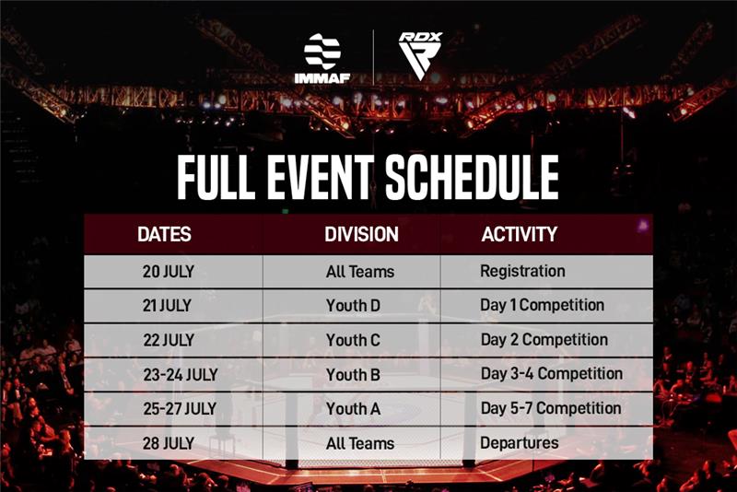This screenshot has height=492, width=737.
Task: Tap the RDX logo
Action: click(420, 56)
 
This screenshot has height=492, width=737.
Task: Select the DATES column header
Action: click(164, 234)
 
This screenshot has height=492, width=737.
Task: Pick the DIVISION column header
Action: click(361, 234)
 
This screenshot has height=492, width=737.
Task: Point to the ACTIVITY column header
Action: click(519, 234)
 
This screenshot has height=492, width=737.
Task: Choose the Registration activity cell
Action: click(522, 272)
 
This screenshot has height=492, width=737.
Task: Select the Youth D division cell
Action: click(353, 306)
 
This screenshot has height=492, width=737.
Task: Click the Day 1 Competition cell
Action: click(542, 305)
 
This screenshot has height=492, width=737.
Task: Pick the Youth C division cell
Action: click(353, 340)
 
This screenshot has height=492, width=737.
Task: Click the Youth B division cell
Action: click(353, 374)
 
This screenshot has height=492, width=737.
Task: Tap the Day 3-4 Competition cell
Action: click(551, 374)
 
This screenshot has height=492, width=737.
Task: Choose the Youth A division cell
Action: click(353, 408)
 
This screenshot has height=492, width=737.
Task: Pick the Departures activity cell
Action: click(519, 443)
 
